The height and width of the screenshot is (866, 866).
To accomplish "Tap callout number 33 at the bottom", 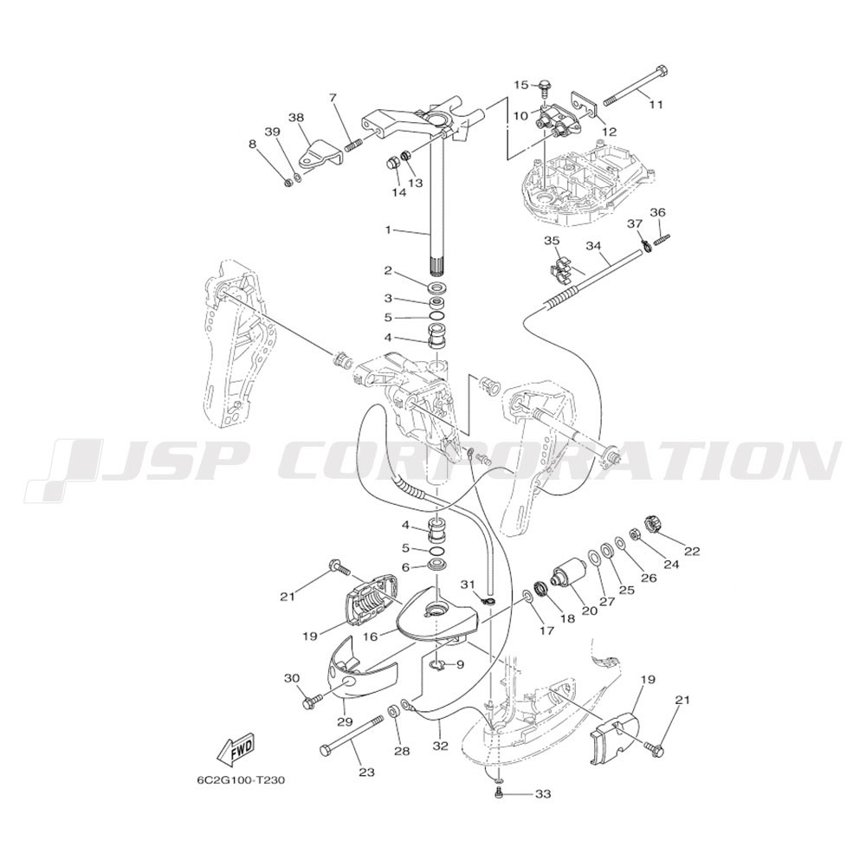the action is [543, 794].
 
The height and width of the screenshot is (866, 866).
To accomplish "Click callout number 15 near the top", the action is [522, 85].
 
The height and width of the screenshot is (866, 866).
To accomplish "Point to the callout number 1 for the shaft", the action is [388, 229].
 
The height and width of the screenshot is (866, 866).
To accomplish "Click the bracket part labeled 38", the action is [321, 154].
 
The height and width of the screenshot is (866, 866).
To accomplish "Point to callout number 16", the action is [370, 637].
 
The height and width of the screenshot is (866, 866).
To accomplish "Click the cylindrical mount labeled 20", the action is [568, 575].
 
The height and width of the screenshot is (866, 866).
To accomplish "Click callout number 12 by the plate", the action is [609, 132].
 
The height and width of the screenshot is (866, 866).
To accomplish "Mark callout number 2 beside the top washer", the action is [388, 270].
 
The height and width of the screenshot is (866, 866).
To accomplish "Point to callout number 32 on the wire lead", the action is [440, 746].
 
